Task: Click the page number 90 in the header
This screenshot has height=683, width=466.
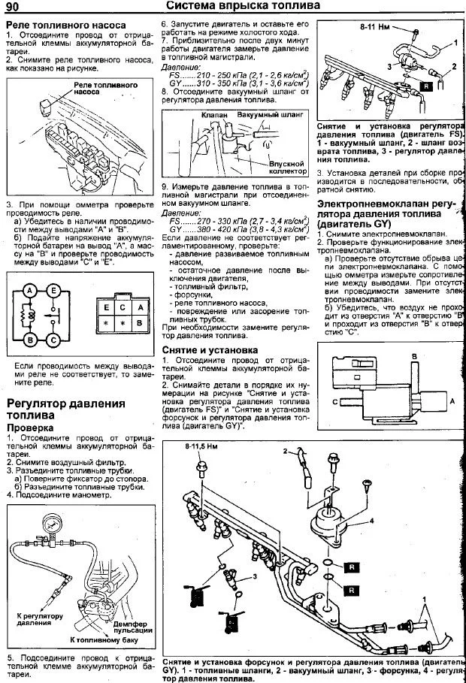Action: [x=14, y=8]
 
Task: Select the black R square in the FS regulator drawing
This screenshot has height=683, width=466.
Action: [x=425, y=87]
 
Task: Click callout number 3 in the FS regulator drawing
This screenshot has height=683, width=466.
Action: [x=390, y=66]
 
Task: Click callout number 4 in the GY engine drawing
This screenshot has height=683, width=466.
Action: [x=371, y=519]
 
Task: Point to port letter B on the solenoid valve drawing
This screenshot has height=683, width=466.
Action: [x=413, y=355]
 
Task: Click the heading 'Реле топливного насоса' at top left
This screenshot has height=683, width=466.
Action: [x=65, y=24]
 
